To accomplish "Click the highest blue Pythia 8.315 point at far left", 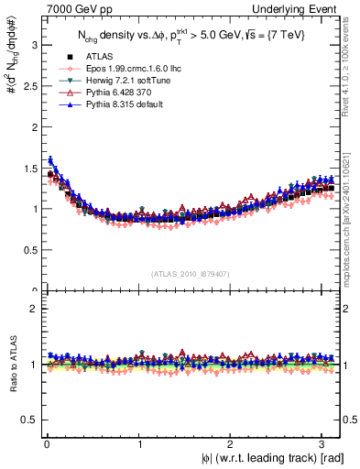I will [x=50, y=159].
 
